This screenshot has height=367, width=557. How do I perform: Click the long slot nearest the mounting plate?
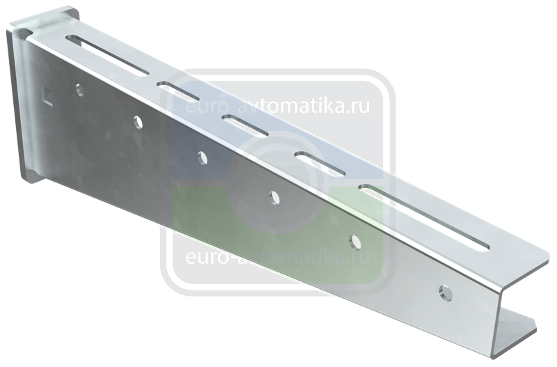click(107, 55)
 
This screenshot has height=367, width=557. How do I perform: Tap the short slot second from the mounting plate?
click(177, 91)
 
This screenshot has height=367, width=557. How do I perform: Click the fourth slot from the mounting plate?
click(320, 164)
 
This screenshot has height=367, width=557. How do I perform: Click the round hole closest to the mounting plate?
click(80, 91)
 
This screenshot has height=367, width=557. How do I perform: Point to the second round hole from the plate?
click(138, 122)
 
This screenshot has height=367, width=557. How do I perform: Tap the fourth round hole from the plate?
click(274, 198)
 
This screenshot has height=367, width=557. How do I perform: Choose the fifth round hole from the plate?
click(354, 242)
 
